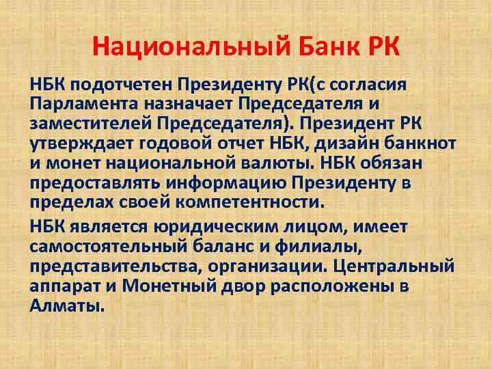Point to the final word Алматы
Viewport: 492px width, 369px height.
coord(68,306)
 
